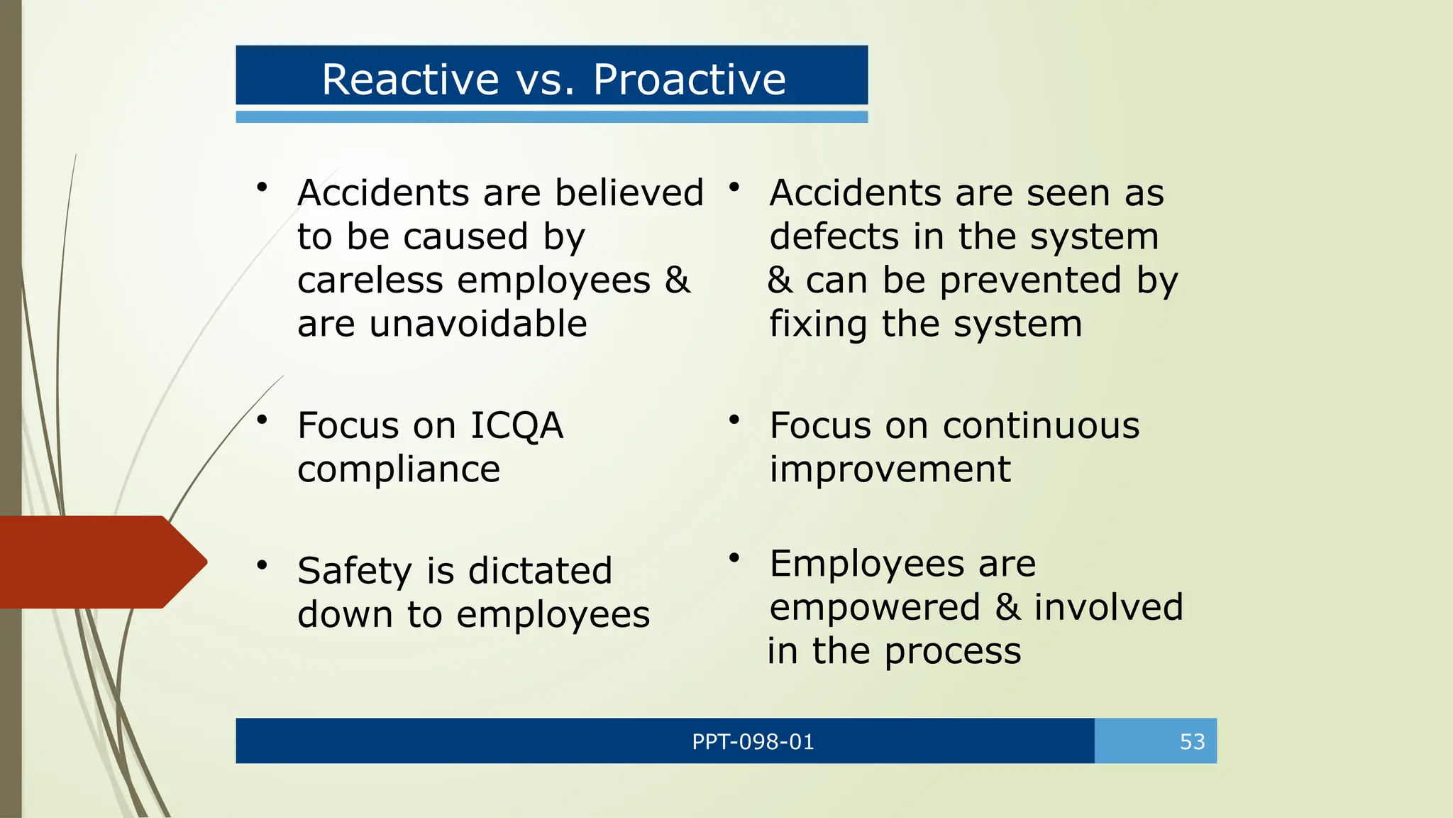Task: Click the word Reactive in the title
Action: (x=411, y=79)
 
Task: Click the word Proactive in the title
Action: (x=689, y=79)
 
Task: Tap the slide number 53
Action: (x=1192, y=742)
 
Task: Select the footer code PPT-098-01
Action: (x=753, y=742)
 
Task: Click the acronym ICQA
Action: (x=516, y=426)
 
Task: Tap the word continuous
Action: (x=1041, y=426)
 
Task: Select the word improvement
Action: (x=890, y=470)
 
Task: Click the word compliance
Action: (x=399, y=470)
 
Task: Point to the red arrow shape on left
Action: (x=99, y=562)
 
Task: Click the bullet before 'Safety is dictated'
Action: (x=262, y=566)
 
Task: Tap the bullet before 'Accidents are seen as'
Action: (x=734, y=187)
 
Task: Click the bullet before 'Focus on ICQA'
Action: (x=262, y=420)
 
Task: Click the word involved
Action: (x=1108, y=608)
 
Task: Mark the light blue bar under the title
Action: (x=551, y=117)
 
